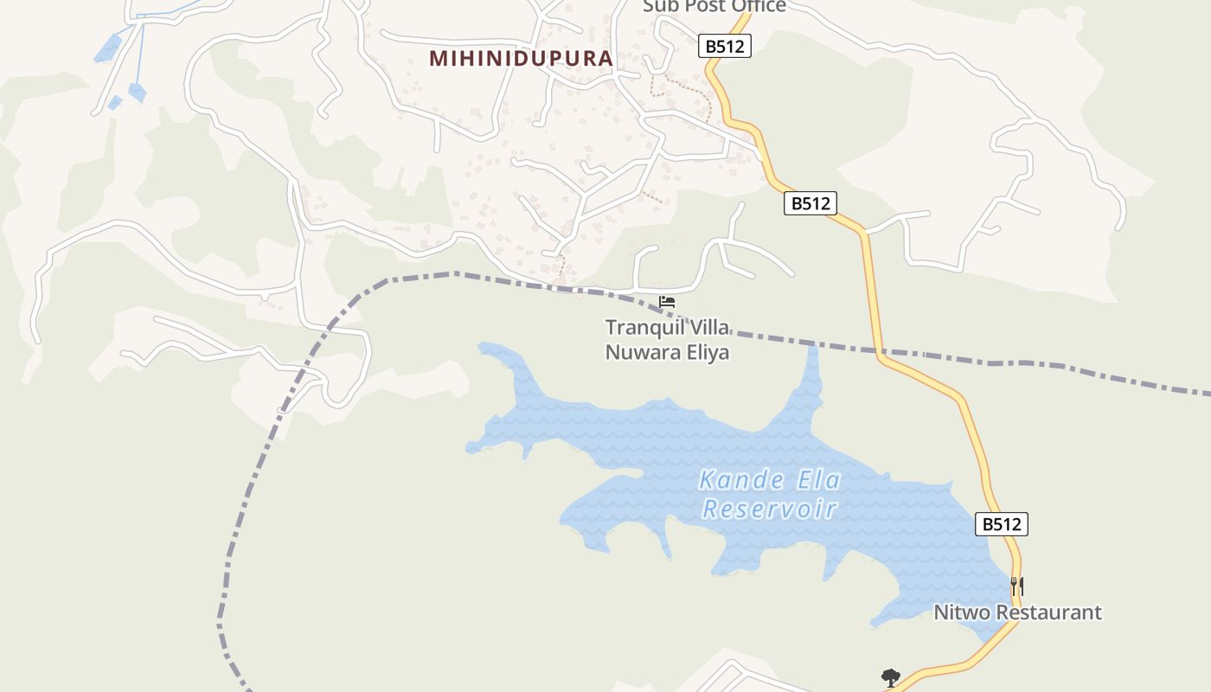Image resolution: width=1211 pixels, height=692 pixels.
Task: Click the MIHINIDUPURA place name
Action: click(x=521, y=59)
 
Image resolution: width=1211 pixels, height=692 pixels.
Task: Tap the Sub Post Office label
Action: click(x=714, y=6)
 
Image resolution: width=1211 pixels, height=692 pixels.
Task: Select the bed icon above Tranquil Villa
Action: click(x=667, y=302)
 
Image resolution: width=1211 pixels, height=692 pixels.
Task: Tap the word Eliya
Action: click(x=706, y=353)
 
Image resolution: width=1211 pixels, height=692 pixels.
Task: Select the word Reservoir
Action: click(x=770, y=509)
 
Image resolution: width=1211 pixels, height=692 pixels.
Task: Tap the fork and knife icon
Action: click(x=1018, y=586)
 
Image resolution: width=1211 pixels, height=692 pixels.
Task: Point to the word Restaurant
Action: click(x=1048, y=612)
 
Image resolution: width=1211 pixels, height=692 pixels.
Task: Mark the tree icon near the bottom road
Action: click(x=890, y=677)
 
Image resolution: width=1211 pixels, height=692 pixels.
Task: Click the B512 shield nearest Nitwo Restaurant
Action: click(x=1002, y=523)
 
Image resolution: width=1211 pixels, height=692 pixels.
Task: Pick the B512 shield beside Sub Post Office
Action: click(x=725, y=46)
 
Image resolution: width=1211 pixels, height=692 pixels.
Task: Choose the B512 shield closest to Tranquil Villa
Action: click(x=811, y=203)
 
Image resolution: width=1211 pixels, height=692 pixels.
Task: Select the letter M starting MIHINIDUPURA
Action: click(x=439, y=59)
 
